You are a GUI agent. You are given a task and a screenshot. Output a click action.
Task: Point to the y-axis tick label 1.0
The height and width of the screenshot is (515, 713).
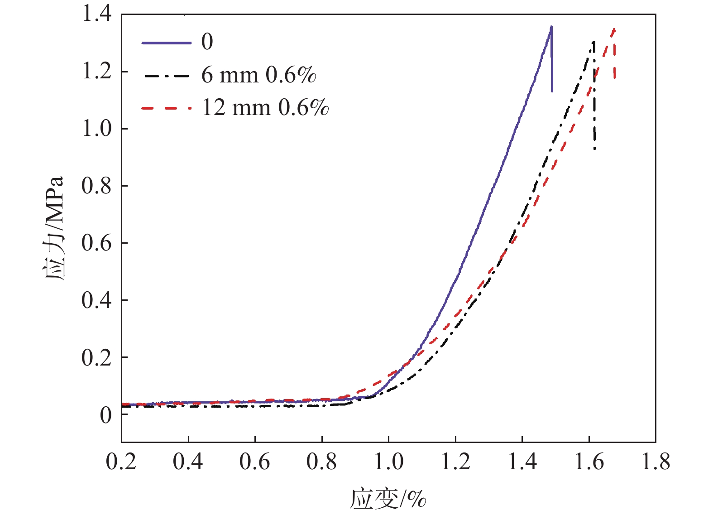pos(96,129)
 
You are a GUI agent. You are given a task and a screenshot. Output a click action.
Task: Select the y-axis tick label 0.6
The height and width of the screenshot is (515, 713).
pos(96,243)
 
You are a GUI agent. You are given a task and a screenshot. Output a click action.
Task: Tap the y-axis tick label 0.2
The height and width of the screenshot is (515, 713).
pos(96,358)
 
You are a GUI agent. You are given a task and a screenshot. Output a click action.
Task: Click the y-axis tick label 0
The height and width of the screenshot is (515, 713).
pos(105,415)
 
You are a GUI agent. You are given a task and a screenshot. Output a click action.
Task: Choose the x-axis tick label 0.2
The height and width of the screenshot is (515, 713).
pos(121,462)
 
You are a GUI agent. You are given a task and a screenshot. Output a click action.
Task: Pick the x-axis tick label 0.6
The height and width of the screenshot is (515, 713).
pos(255,462)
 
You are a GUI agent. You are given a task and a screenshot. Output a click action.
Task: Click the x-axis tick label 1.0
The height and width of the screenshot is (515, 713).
pos(388,462)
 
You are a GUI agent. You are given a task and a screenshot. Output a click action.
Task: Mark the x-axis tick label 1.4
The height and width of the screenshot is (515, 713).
pos(522,462)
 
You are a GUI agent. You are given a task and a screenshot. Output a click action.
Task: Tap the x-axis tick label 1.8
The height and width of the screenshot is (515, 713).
pos(656,462)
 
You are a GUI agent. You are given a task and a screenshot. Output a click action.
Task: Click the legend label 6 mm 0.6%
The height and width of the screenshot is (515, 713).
pos(258,75)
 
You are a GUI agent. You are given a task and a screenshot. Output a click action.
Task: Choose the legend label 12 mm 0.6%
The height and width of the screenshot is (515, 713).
pos(265,108)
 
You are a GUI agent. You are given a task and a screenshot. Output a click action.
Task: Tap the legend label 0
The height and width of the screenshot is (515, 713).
pos(207,42)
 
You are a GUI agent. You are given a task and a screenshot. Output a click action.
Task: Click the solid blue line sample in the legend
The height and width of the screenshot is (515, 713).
pos(166,43)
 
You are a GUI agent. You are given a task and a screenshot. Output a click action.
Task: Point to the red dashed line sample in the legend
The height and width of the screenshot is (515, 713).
pos(166,108)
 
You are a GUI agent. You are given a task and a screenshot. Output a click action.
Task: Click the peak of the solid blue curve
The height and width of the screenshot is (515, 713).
pos(551,27)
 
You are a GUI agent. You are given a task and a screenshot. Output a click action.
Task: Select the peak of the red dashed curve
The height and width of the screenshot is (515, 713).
pos(614,29)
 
